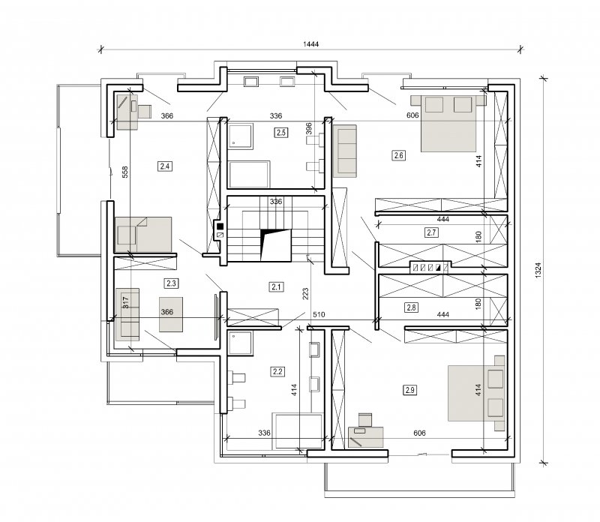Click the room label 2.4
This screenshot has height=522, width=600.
coord(165,166)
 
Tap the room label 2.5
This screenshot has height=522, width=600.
coord(280,133)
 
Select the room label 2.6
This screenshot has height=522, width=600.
coord(398,155)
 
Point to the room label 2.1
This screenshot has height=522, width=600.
coord(276,286)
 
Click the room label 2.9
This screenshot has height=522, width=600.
coord(409,390)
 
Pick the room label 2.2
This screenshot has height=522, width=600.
coord(277,371)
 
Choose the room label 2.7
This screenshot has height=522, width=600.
coord(431,232)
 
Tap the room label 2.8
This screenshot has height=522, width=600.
coord(411,307)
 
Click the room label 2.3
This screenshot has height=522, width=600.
coord(171,283)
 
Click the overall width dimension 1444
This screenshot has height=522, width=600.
coord(310,44)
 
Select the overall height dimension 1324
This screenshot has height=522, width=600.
coord(538,270)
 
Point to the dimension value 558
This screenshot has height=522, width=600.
coord(124,172)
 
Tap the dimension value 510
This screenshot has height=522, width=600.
coord(319,314)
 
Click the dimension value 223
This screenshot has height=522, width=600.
coord(305,293)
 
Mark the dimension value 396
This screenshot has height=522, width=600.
coord(309,128)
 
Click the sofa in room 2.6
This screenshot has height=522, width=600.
coord(345,151)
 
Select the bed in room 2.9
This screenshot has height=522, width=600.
coord(476,393)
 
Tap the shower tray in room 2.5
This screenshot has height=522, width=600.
coord(240,136)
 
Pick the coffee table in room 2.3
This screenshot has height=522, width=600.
coord(171,314)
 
